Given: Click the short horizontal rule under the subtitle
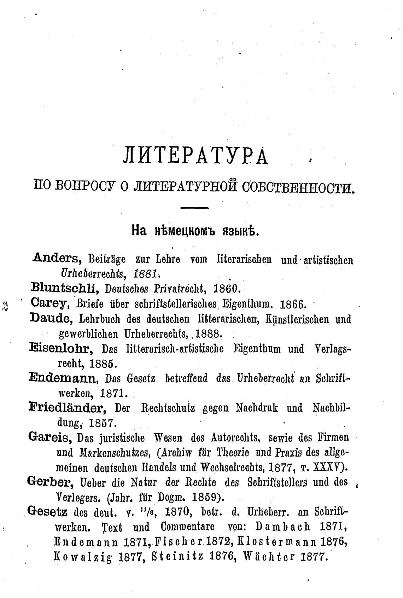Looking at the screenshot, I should [194, 208].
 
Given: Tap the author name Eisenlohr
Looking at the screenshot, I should [61, 348].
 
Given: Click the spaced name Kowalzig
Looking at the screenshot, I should [83, 556].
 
